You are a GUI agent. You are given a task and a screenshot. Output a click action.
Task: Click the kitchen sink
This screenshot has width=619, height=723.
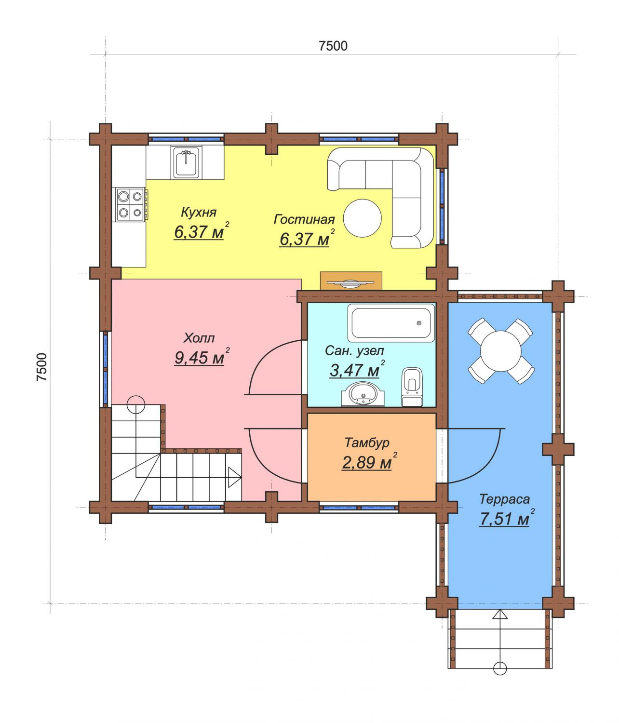click(187, 162)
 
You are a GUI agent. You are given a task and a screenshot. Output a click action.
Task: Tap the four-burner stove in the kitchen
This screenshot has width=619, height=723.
click(130, 204)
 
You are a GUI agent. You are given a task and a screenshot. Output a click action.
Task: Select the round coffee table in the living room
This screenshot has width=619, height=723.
click(362, 218)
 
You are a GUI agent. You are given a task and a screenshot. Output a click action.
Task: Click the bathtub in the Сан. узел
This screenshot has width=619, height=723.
click(391, 322)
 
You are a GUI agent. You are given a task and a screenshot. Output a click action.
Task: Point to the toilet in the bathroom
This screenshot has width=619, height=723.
click(412, 387)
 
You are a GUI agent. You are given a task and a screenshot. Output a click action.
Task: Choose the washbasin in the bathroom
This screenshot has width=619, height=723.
click(363, 394)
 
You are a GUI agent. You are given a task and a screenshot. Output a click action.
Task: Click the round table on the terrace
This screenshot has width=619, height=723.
click(501, 351)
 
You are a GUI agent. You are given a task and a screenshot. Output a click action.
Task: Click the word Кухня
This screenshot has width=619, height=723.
click(199, 212)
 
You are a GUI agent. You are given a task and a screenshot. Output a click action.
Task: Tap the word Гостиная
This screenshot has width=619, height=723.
click(304, 219)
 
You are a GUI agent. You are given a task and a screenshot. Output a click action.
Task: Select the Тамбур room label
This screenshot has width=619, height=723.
click(367, 442)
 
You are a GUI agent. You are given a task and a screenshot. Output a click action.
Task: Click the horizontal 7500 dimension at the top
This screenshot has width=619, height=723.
click(333, 46)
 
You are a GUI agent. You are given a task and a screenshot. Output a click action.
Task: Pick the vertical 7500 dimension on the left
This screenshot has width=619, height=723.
click(42, 367)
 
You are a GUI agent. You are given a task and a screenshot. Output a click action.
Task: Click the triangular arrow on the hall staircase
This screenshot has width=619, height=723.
click(234, 477)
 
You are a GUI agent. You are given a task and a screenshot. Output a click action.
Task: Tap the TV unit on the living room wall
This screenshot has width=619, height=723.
click(351, 281)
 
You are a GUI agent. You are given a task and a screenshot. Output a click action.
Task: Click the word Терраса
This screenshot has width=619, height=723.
click(504, 499)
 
